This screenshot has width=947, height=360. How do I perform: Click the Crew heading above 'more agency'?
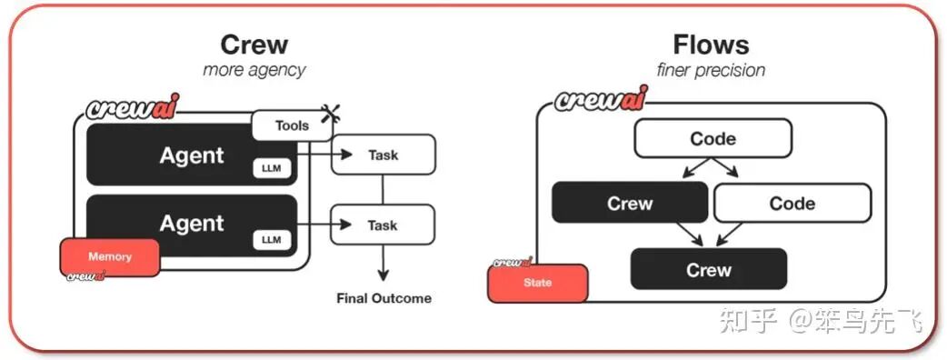point(254,45)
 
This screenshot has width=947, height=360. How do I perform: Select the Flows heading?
point(710,45)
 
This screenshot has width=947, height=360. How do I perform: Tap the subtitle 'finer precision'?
point(710,70)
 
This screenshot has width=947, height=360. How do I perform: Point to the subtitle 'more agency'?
point(254,70)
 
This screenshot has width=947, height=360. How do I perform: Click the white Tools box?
point(292,125)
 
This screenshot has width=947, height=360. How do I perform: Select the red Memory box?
point(110,257)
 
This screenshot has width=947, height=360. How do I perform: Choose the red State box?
point(537,282)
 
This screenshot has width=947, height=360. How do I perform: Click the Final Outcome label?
point(384,298)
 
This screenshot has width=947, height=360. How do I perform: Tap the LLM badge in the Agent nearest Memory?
point(271,239)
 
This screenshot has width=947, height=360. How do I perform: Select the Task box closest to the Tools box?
point(383,155)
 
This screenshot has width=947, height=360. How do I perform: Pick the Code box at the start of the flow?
point(713,139)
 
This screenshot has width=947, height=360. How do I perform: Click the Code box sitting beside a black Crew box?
point(792,204)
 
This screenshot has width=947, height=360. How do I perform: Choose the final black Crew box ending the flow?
point(708,270)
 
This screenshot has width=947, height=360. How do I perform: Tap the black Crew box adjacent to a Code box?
point(630,204)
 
